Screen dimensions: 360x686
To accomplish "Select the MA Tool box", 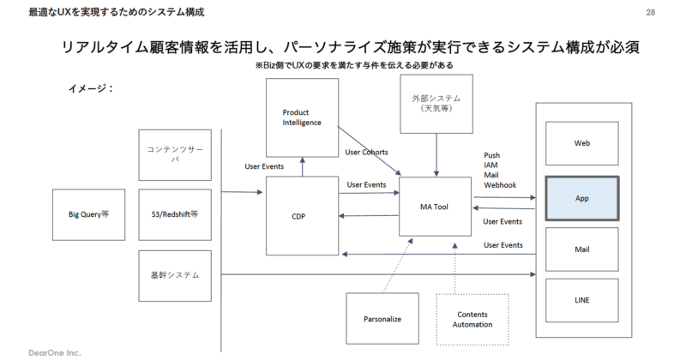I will pyautogui.click(x=435, y=207).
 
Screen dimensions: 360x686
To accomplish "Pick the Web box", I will pyautogui.click(x=582, y=145).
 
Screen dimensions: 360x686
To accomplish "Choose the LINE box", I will pyautogui.click(x=582, y=300).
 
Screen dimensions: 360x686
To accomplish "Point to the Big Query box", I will pyautogui.click(x=88, y=213).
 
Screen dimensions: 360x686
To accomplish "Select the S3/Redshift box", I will pyautogui.click(x=174, y=213).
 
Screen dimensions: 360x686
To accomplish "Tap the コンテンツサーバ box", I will pyautogui.click(x=174, y=154).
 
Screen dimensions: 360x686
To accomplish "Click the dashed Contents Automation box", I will pyautogui.click(x=472, y=319).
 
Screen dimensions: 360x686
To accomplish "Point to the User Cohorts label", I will pyautogui.click(x=366, y=152).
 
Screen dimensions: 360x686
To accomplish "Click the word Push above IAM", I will pyautogui.click(x=493, y=156).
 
